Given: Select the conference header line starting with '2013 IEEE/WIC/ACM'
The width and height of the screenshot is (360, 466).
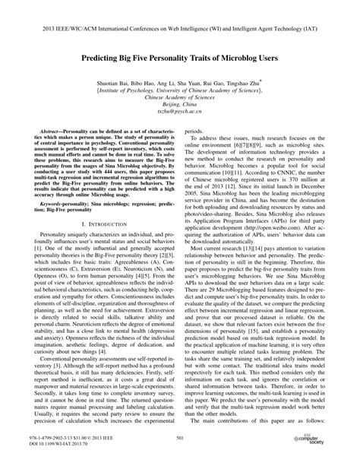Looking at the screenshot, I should (x=179, y=15).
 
